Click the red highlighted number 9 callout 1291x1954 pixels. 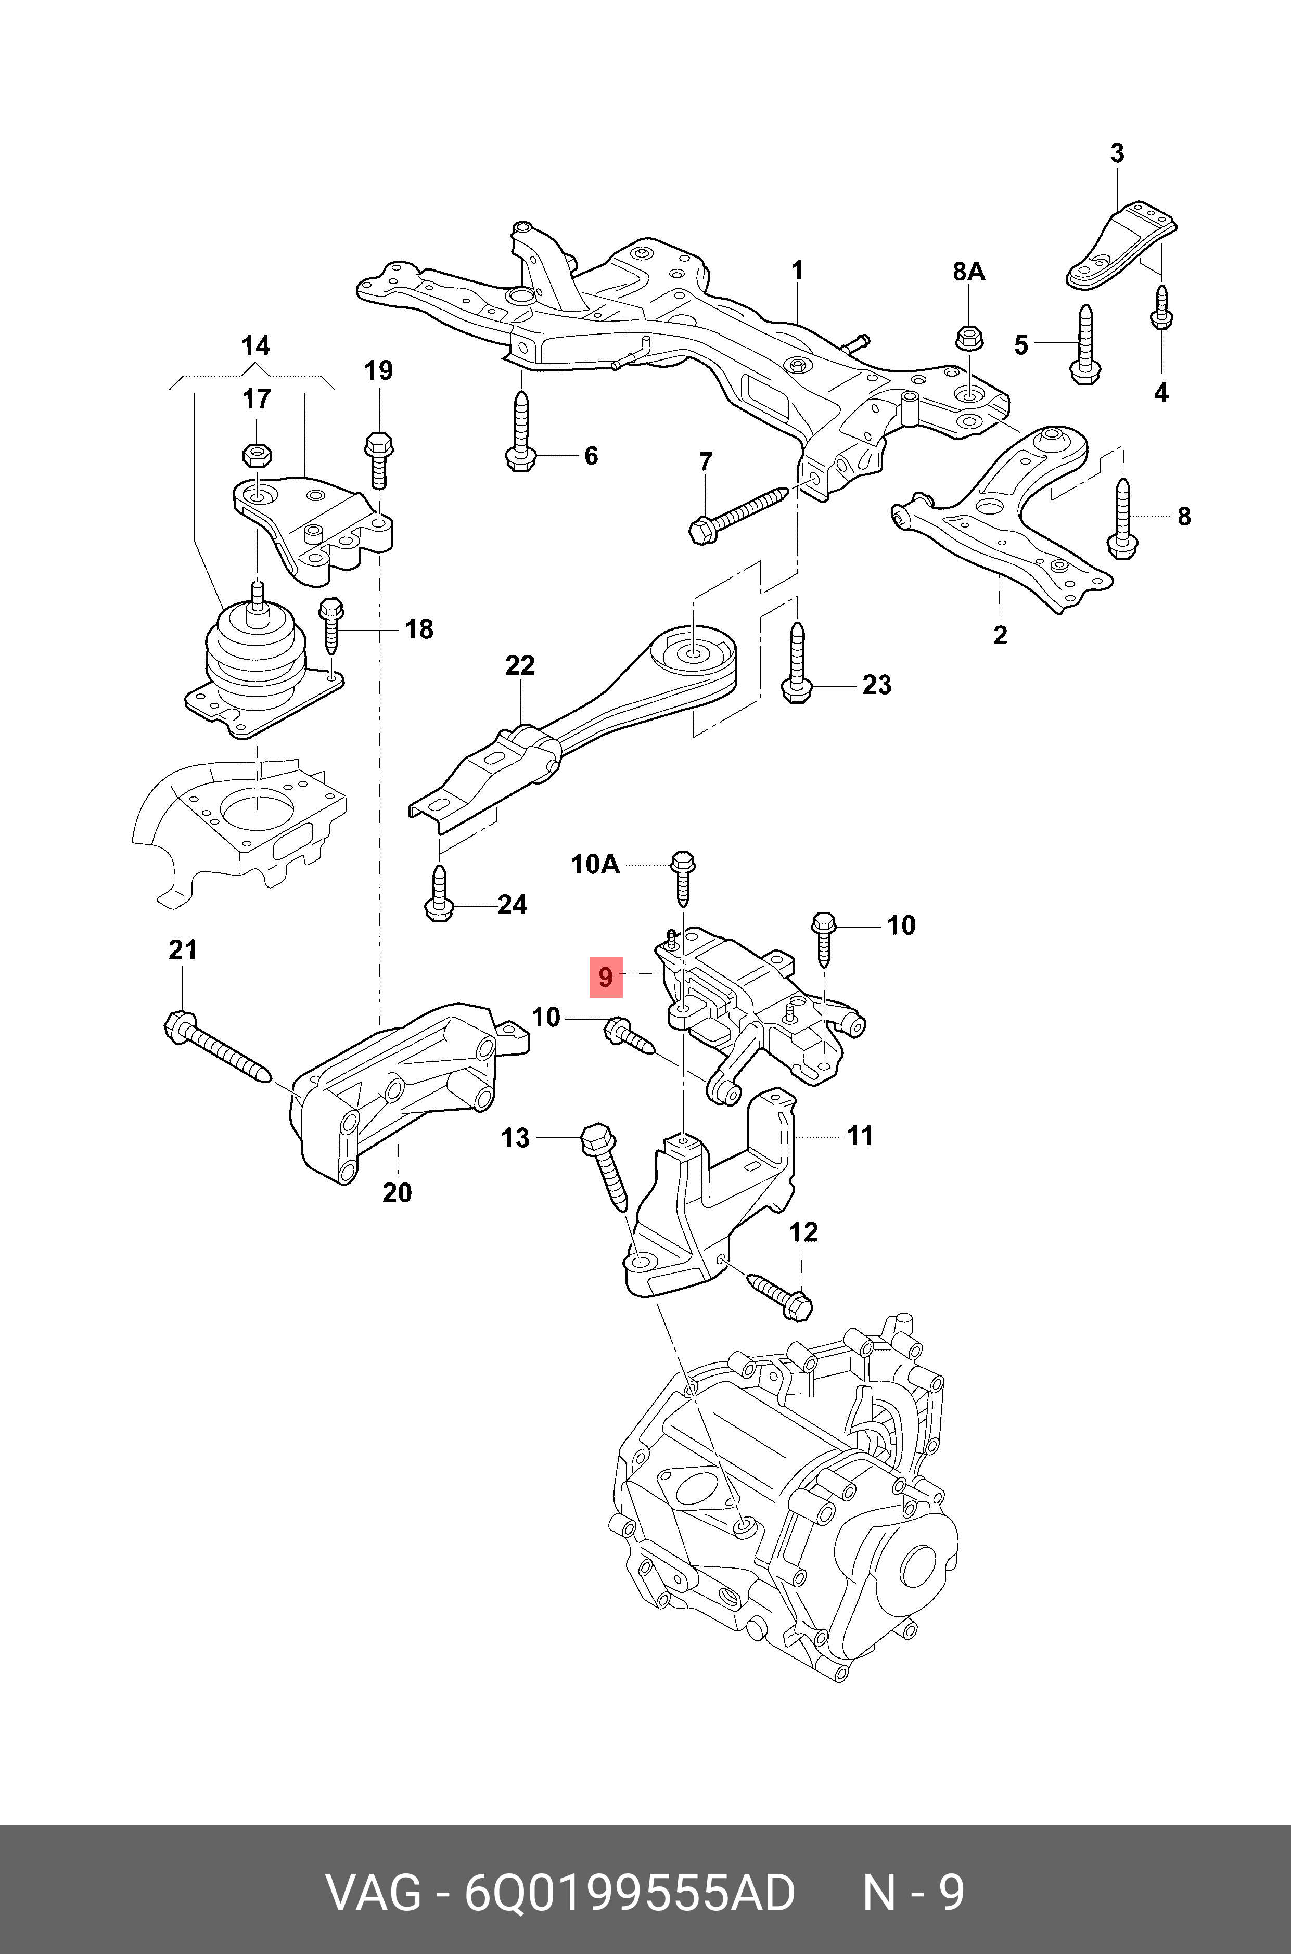605,977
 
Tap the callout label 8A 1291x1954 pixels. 968,272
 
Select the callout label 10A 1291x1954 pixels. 595,864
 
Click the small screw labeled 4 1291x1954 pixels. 1161,306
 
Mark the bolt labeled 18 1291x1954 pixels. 331,625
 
